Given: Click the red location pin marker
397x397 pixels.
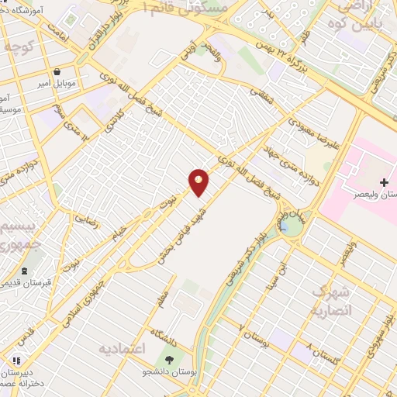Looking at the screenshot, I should (x=199, y=181).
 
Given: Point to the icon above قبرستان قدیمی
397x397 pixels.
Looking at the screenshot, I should (x=26, y=271).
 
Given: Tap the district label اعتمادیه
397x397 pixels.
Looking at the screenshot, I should (x=122, y=350).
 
